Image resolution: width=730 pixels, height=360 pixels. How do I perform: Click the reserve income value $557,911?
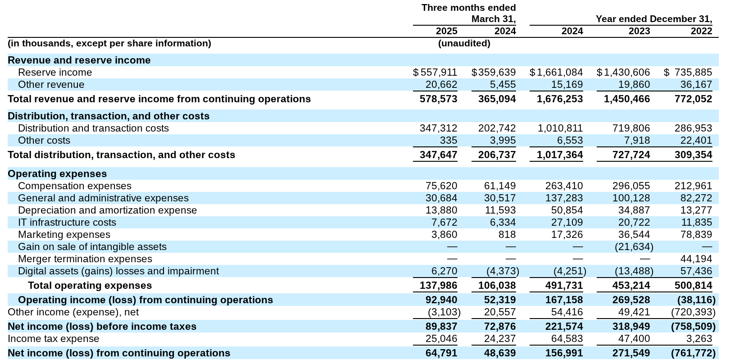coord(435,73)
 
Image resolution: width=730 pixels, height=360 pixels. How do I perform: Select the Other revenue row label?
coord(51,85)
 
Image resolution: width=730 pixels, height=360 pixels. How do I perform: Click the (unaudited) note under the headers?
coord(464,43)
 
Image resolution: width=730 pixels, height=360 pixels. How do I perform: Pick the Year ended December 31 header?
coord(653,19)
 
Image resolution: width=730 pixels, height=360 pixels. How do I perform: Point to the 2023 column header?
coord(639,31)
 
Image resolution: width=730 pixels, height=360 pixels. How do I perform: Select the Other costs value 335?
coord(449,141)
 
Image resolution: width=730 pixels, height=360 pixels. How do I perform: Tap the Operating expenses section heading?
coord(57,174)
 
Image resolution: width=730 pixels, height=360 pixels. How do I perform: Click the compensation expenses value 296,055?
coord(631,186)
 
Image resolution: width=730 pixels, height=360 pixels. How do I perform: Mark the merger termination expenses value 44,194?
coord(696,259)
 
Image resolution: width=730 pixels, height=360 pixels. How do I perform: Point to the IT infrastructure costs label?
coord(67,223)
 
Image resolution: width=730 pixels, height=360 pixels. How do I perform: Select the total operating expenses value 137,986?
coord(438,286)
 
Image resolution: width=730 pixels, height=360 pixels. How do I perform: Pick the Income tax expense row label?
coord(53,339)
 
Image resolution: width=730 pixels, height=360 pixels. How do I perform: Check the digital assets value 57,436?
coord(696,271)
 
